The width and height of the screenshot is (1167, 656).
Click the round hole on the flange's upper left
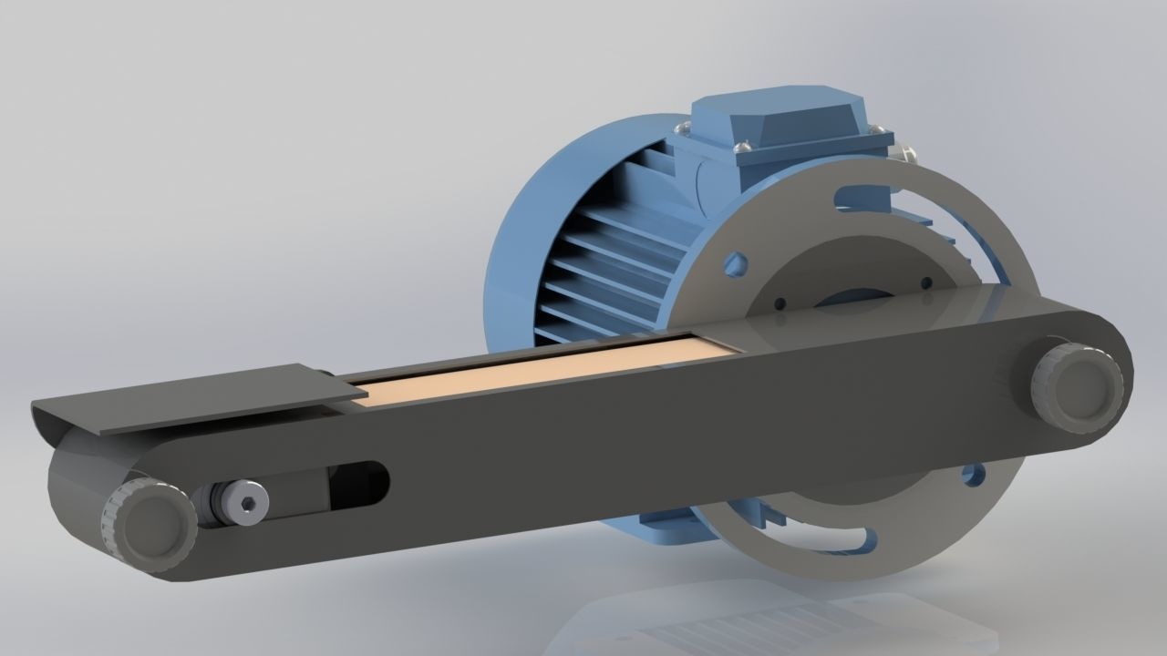[736, 265]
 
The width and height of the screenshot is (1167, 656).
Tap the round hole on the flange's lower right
[974, 475]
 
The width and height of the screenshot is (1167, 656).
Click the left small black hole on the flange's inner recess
[781, 303]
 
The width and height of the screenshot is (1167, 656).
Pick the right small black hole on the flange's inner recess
[926, 282]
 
